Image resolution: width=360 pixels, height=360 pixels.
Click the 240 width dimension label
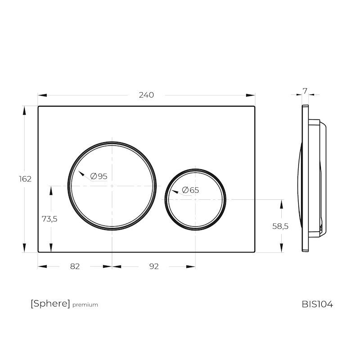pyautogui.click(x=146, y=95)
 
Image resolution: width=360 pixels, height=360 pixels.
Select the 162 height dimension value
pyautogui.click(x=25, y=179)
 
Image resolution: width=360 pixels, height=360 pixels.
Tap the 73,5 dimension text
pyautogui.click(x=49, y=219)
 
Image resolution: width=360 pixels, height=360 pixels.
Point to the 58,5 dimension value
pyautogui.click(x=280, y=226)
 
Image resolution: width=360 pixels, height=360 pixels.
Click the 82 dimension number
pyautogui.click(x=75, y=266)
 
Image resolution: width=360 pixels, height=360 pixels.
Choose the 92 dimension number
pyautogui.click(x=154, y=266)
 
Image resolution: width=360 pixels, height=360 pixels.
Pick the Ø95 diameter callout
pyautogui.click(x=99, y=176)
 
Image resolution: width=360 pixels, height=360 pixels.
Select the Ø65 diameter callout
pyautogui.click(x=190, y=190)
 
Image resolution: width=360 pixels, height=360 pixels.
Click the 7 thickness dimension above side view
pyautogui.click(x=305, y=91)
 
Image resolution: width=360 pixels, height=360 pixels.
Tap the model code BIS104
pyautogui.click(x=317, y=305)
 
